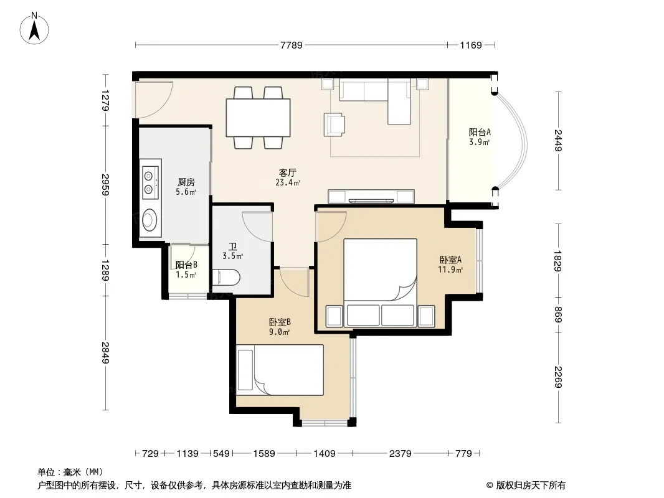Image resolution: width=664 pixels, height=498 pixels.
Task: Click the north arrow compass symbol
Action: [x=34, y=28]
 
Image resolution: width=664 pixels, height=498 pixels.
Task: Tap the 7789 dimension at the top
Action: [x=292, y=45]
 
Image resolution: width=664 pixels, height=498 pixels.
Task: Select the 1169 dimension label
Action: [x=471, y=45]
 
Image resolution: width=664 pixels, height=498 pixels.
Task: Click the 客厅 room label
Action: [x=288, y=172]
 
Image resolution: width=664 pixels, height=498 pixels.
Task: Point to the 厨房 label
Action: [x=186, y=182]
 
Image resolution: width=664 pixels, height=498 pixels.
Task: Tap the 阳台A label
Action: [x=480, y=132]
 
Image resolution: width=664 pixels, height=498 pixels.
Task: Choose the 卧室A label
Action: [x=450, y=260]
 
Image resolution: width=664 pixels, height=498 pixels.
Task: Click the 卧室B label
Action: [x=280, y=322]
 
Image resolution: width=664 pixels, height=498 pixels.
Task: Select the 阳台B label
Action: [x=186, y=265]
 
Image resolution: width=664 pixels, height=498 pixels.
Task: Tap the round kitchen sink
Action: [x=150, y=220]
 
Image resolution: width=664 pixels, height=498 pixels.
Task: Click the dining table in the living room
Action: [x=258, y=118]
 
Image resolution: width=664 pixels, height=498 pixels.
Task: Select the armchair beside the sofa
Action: [x=334, y=125]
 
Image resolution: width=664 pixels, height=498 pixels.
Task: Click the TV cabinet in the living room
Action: [x=371, y=197]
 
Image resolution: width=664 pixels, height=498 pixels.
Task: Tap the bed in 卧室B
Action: [x=280, y=370]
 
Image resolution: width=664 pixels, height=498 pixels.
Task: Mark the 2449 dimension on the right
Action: [x=558, y=141]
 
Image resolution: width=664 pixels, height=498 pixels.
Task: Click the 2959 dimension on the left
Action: [x=105, y=185]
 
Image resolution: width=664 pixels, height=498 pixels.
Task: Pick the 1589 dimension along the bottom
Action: [x=264, y=454]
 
